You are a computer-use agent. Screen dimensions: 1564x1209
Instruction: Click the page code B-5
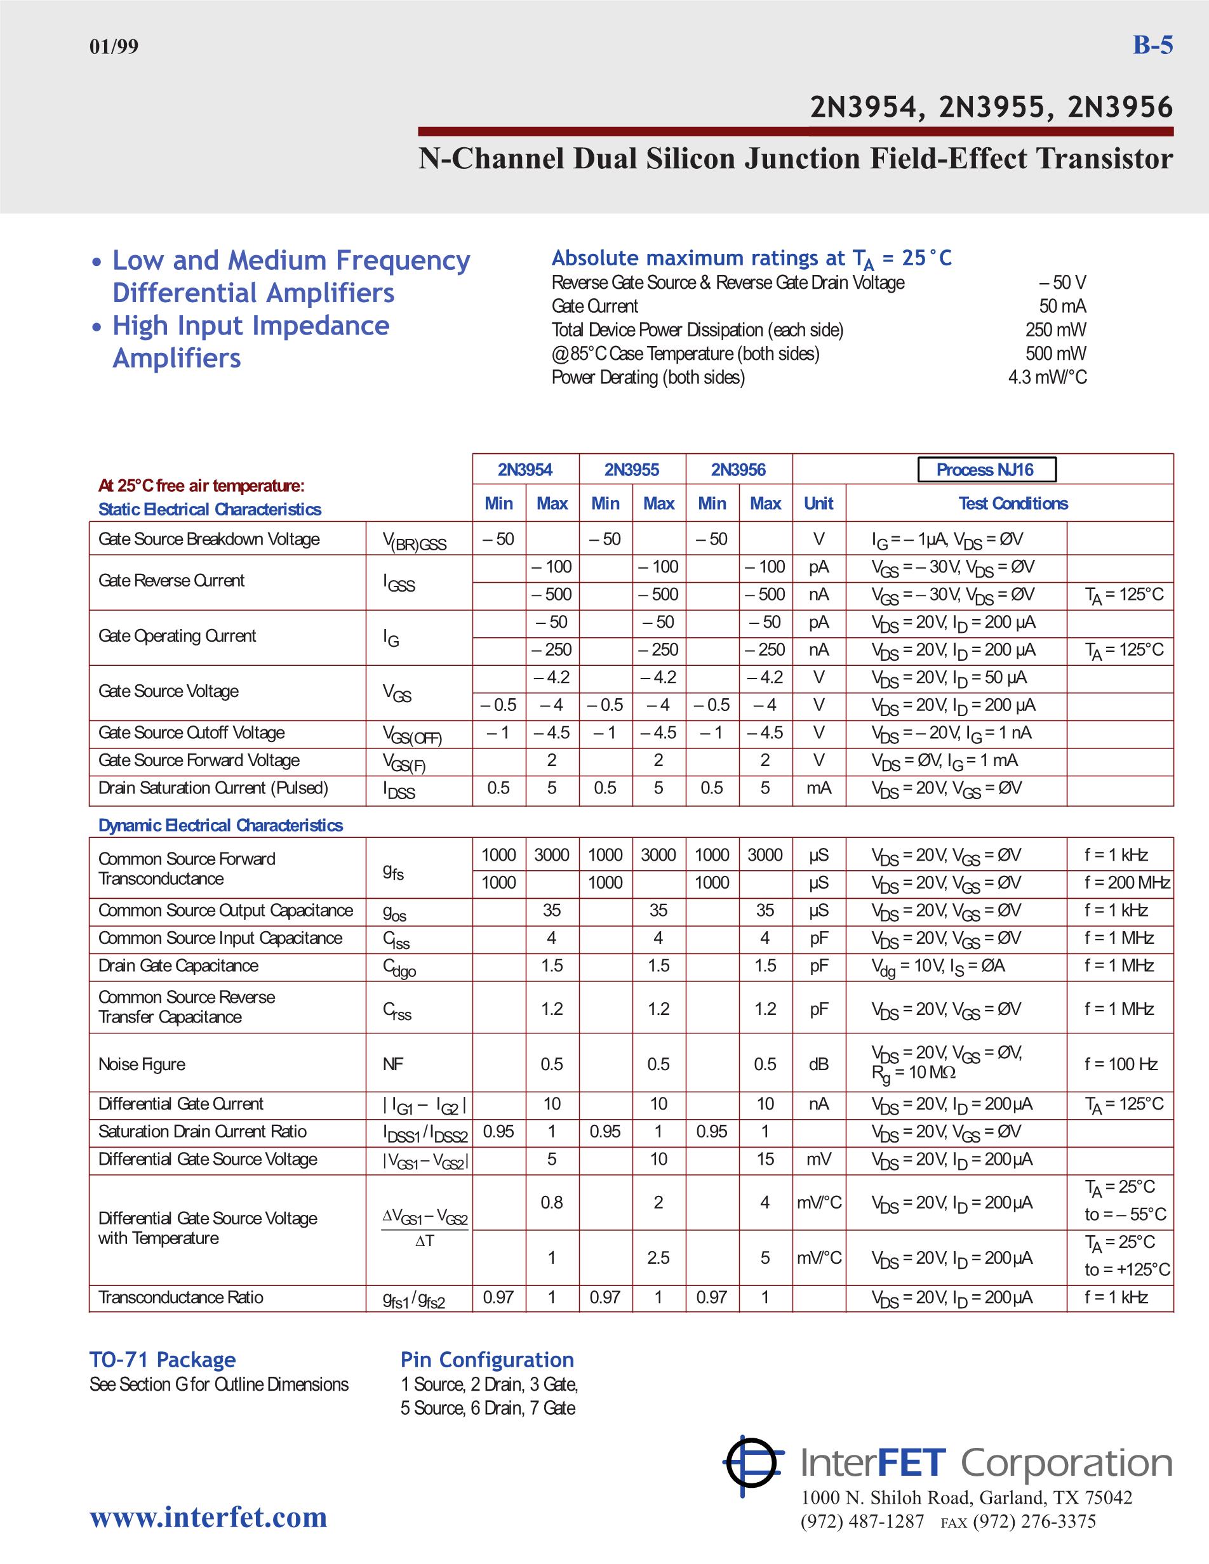[1152, 45]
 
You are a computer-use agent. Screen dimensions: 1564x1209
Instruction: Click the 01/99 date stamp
[114, 47]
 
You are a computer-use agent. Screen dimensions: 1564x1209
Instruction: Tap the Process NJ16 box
[985, 470]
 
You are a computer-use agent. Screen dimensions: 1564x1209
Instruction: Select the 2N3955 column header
[631, 470]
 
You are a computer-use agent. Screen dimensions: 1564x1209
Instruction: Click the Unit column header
[818, 503]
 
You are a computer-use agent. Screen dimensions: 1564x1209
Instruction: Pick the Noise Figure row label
[142, 1064]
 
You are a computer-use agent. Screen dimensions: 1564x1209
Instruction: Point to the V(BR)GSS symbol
[414, 542]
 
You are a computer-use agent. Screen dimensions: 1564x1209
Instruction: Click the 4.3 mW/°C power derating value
[1047, 378]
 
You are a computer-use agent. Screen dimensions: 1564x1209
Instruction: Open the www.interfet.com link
[208, 1517]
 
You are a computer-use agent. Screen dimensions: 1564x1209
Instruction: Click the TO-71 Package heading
[163, 1360]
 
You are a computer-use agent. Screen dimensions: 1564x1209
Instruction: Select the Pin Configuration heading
[487, 1360]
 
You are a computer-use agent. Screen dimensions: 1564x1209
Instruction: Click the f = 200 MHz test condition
[1126, 882]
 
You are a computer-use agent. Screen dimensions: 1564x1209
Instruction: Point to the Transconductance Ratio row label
[180, 1297]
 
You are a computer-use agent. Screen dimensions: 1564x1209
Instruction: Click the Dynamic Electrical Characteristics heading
[220, 825]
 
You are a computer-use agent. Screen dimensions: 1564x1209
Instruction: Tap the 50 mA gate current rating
[1062, 307]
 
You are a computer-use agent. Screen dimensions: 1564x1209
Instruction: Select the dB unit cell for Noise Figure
[818, 1064]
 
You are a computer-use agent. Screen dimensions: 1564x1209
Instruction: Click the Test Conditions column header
[1013, 503]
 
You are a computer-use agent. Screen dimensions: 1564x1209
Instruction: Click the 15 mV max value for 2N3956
[765, 1160]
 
